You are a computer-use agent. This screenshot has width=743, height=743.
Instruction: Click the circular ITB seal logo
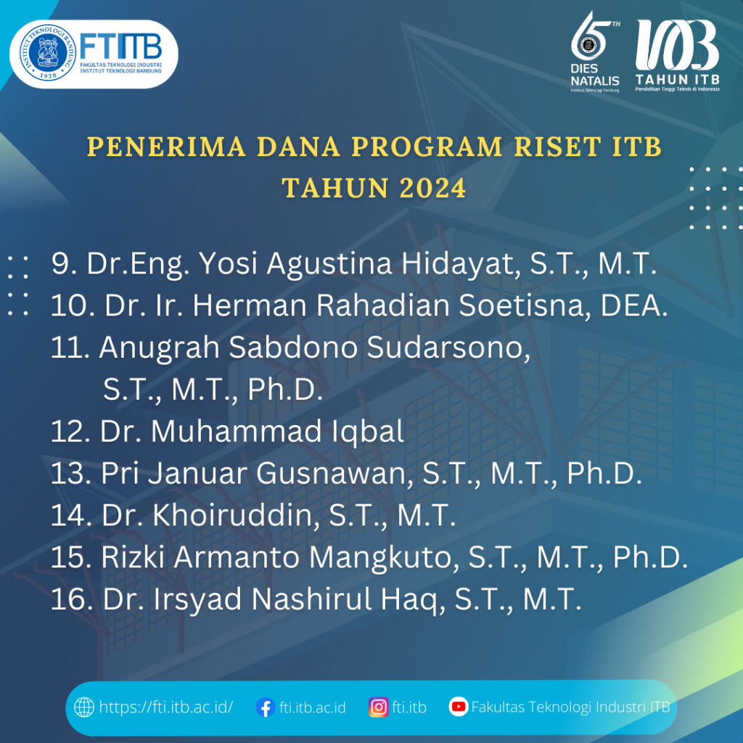pyautogui.click(x=48, y=52)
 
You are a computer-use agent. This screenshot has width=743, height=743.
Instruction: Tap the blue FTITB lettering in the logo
pyautogui.click(x=121, y=46)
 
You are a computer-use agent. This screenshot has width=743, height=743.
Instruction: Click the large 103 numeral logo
pyautogui.click(x=677, y=45)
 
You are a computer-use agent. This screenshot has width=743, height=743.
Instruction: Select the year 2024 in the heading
pyautogui.click(x=432, y=188)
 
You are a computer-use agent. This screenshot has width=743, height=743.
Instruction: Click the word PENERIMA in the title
pyautogui.click(x=166, y=147)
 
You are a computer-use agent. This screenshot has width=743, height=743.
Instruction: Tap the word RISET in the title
pyautogui.click(x=558, y=147)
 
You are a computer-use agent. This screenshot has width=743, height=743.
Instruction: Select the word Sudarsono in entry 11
pyautogui.click(x=448, y=348)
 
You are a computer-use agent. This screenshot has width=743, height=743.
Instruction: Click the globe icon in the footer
pyautogui.click(x=84, y=707)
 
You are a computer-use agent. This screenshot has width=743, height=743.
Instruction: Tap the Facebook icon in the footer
pyautogui.click(x=266, y=707)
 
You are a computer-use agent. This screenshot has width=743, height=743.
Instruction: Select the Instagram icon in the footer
pyautogui.click(x=379, y=707)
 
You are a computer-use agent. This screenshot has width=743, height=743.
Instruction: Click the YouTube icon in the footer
pyautogui.click(x=459, y=707)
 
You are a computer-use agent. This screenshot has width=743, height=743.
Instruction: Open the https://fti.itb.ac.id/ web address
pyautogui.click(x=166, y=707)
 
